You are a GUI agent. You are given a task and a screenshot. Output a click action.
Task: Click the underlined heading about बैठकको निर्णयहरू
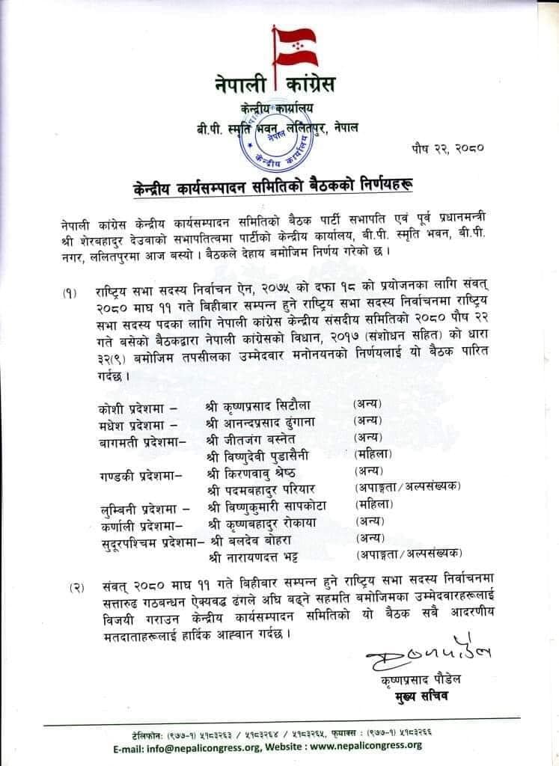click(278, 183)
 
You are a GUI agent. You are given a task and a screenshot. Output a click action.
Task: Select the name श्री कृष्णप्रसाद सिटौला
click(254, 405)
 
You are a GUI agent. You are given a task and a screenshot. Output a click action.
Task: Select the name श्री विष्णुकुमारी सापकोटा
click(261, 506)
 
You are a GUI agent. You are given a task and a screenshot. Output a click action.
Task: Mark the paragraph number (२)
click(76, 588)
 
